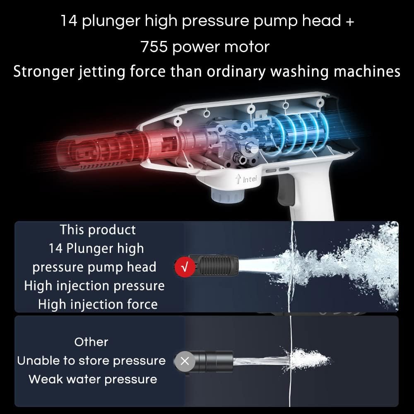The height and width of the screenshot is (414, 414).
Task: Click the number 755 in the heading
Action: pos(154,47)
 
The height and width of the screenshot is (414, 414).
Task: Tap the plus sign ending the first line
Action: pos(350,22)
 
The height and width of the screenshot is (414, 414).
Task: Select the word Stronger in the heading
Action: pos(43,72)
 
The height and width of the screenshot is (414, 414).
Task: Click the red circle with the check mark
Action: pos(185,267)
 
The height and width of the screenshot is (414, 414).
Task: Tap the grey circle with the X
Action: pos(185,361)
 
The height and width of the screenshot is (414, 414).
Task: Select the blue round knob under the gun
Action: pos(228,196)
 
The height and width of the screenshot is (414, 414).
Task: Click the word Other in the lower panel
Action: pos(91,342)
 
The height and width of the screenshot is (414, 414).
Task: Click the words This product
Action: pos(98,230)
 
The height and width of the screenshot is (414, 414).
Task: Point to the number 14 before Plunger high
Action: pos(55,249)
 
